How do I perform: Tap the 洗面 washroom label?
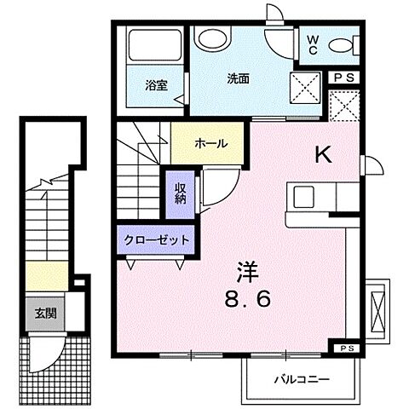pos(239,78)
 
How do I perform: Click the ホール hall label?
pos(211,143)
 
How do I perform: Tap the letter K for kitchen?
pos(324,154)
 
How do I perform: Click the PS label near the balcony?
pos(348,349)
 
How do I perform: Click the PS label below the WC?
pos(344,77)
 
